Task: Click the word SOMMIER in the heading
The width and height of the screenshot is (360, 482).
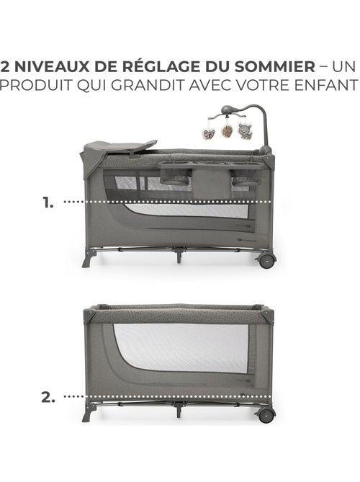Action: coord(275,67)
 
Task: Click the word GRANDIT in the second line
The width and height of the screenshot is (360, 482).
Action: coord(148,85)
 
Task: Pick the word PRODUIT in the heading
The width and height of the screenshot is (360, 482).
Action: coord(36,85)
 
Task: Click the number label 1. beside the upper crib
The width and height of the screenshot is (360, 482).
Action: coord(48,203)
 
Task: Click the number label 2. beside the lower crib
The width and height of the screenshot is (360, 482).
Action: coord(48,398)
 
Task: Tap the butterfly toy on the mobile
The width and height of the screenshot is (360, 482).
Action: coord(209,133)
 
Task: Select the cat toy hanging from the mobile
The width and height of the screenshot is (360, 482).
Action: coord(245,131)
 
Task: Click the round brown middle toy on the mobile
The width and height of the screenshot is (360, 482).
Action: coord(227,131)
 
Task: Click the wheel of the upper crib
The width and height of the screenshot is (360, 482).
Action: coord(266,261)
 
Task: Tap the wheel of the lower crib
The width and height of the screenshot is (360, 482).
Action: coord(266,415)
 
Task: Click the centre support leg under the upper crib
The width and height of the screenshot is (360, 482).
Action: coord(179,255)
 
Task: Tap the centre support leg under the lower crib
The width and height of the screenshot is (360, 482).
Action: coord(179,409)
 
